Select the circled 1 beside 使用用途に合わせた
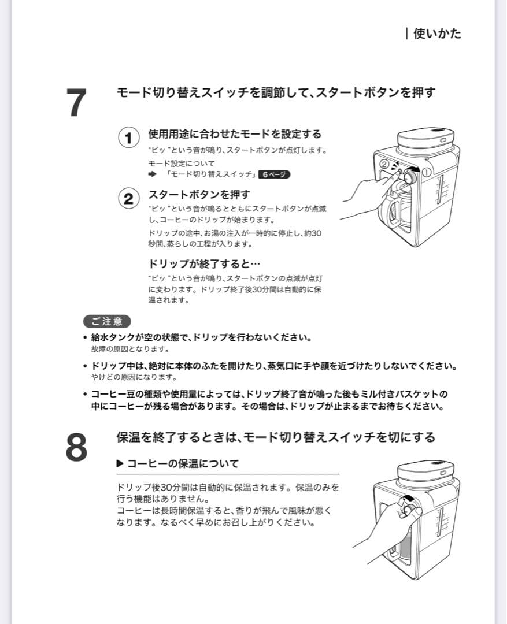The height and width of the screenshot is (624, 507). click(128, 138)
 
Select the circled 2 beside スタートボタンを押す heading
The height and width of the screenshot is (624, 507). click(128, 198)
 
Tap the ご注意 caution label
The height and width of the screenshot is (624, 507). click(107, 321)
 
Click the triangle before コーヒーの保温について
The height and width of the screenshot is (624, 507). click(120, 463)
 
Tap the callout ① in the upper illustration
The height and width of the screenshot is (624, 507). click(427, 172)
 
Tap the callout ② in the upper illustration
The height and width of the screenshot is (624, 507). click(384, 164)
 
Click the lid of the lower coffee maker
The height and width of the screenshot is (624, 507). click(425, 469)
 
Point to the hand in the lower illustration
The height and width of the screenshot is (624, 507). click(387, 526)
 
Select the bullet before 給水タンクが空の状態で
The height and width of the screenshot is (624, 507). click(85, 337)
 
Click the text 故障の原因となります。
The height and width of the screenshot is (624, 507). click(129, 349)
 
